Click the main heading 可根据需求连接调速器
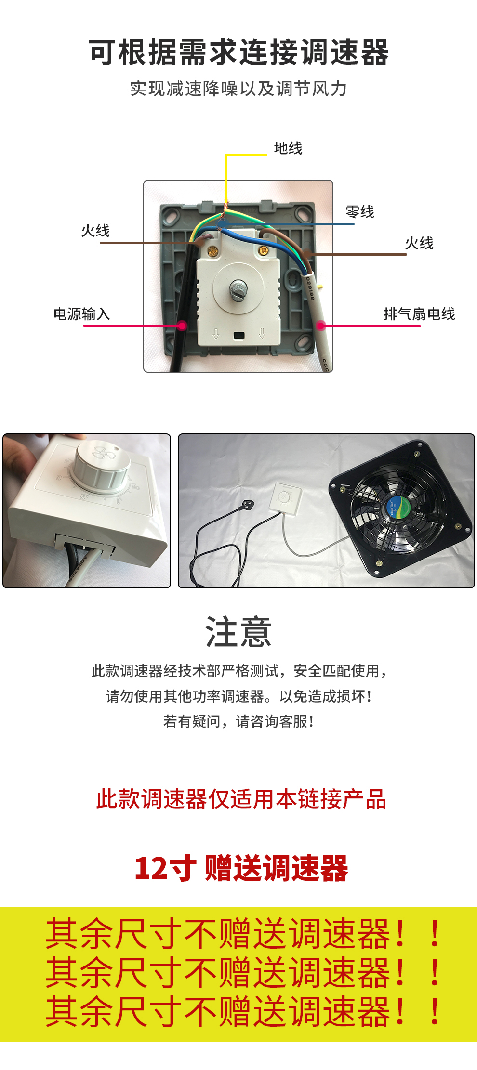(238, 52)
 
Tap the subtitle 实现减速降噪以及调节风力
(238, 89)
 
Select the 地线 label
(288, 148)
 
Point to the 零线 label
(360, 211)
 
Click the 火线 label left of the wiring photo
(95, 230)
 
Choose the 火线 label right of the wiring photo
(419, 243)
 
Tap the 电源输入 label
(82, 314)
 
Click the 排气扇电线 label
(419, 314)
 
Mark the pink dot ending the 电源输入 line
(182, 326)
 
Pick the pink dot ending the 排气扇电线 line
(321, 326)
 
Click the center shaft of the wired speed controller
(238, 290)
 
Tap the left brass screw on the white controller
(212, 251)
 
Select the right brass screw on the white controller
(264, 250)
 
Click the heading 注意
(238, 632)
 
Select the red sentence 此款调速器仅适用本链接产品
(241, 799)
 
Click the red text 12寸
(165, 868)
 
